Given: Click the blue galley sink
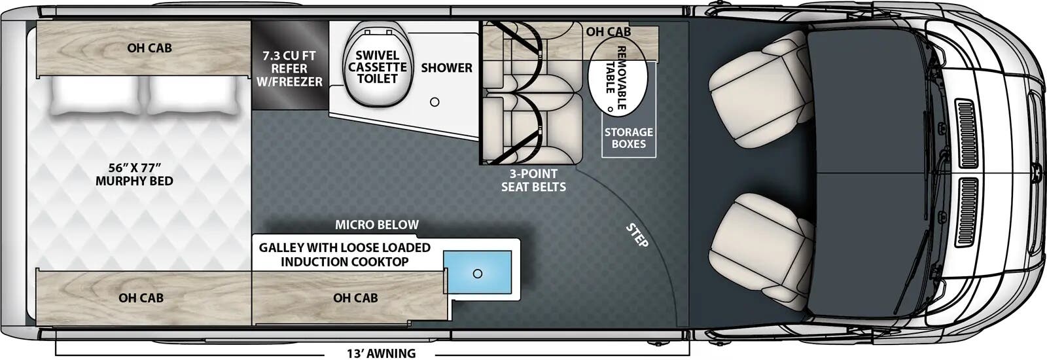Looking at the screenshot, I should [x=477, y=274].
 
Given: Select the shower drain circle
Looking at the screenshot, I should [x=435, y=102].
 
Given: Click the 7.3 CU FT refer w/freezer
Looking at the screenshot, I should [x=289, y=68].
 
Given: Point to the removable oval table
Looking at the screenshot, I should [x=617, y=79].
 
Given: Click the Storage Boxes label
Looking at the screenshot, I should [x=628, y=138].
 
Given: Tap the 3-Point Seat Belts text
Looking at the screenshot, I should [x=533, y=180].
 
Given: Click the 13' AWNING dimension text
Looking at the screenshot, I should [x=381, y=353].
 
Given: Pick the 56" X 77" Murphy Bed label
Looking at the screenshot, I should [x=134, y=174].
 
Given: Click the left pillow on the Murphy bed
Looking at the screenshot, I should [x=95, y=96].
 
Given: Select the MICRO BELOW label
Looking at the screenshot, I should [x=377, y=225].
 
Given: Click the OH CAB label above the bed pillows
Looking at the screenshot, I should [x=149, y=48].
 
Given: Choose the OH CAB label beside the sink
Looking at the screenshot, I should [x=355, y=298].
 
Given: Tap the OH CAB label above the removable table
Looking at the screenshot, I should [x=608, y=31].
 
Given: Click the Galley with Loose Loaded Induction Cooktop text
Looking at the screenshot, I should [x=344, y=255].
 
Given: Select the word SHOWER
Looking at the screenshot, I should [x=446, y=67].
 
